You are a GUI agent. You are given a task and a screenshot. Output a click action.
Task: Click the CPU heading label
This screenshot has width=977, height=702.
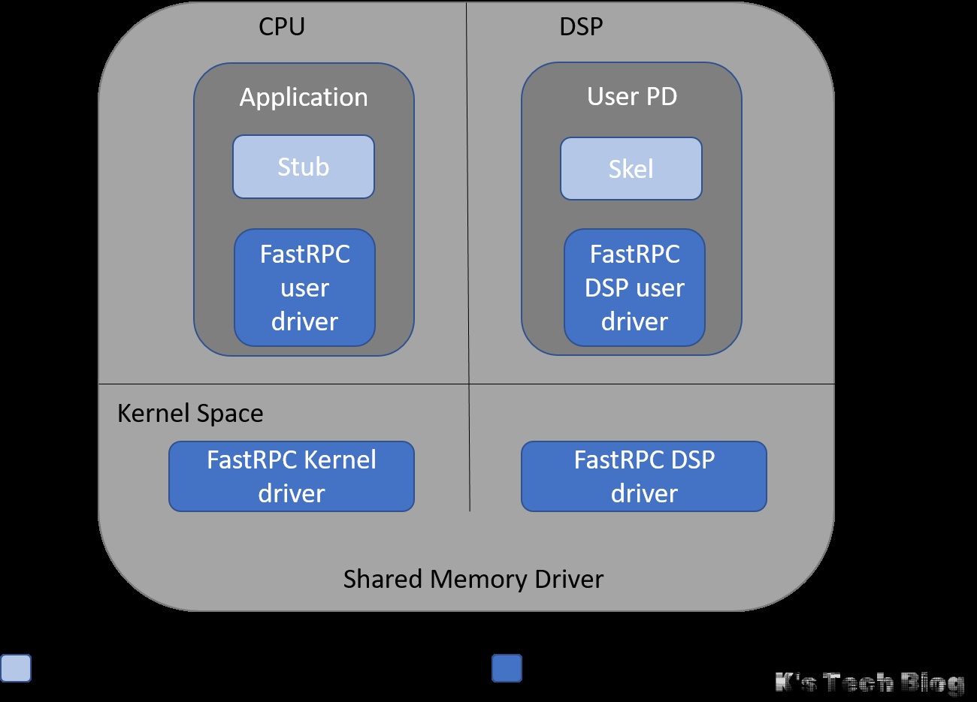(x=282, y=27)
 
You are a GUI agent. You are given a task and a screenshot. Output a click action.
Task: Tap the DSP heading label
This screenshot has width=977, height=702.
(x=581, y=27)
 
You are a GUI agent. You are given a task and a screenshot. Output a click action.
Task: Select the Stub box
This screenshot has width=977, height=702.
(x=304, y=167)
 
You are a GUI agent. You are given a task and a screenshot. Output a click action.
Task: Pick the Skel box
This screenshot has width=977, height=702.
(x=631, y=169)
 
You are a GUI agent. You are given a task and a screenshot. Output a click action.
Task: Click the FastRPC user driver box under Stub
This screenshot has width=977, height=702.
(x=304, y=288)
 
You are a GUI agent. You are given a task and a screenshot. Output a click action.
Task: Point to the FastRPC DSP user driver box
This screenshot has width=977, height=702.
(x=634, y=288)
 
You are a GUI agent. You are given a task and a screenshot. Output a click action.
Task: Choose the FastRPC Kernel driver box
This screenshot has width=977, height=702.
(x=292, y=477)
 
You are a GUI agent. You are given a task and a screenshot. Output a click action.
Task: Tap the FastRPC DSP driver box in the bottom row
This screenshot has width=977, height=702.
(x=644, y=477)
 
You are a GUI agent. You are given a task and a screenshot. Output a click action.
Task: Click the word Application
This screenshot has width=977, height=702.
(x=304, y=98)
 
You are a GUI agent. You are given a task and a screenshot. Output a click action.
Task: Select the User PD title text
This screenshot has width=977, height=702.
(x=632, y=97)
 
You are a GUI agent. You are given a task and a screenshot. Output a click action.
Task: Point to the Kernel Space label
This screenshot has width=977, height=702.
(x=190, y=414)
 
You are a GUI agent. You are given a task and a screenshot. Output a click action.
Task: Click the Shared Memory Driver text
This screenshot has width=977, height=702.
(x=473, y=580)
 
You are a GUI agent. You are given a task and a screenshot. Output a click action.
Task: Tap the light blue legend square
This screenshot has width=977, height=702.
(x=16, y=668)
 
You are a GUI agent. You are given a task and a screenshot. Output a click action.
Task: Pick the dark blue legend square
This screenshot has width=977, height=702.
(x=507, y=668)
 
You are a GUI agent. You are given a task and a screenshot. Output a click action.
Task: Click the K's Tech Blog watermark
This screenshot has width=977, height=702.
(x=870, y=682)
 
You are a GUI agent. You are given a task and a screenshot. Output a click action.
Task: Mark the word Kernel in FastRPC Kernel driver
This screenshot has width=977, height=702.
(x=340, y=459)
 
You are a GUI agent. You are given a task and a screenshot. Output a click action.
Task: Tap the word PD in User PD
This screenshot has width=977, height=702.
(x=661, y=97)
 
